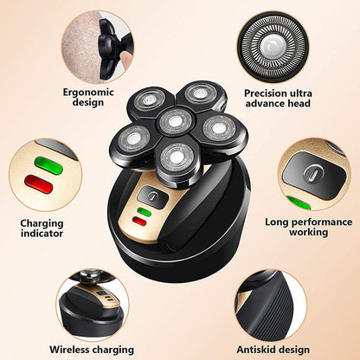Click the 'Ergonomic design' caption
coord(83,96)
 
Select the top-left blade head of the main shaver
coord(151,97)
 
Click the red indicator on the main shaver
coord(140,222)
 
